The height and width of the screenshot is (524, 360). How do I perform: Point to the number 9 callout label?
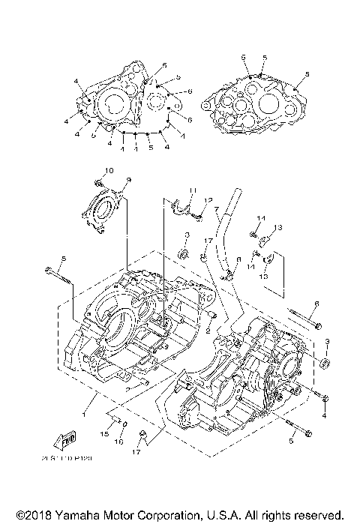[x=128, y=179]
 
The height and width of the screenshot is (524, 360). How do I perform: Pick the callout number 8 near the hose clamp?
[x=238, y=260]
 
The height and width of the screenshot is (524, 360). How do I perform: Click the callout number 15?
[x=105, y=434]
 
